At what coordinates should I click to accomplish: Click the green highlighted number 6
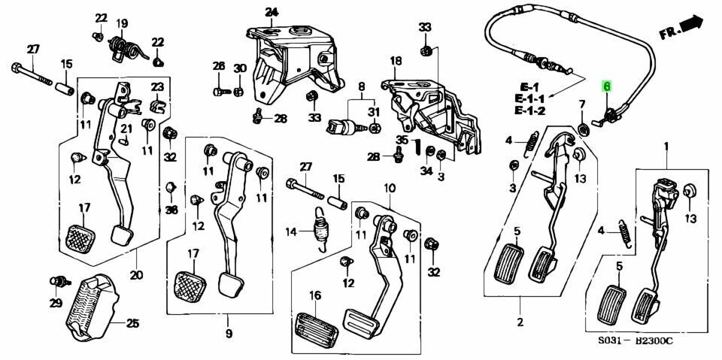click(x=606, y=87)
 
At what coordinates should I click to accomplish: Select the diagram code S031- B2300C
click(x=636, y=340)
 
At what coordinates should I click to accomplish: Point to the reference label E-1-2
click(x=530, y=111)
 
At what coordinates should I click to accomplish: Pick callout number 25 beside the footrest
click(x=132, y=324)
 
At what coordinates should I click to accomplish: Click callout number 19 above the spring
click(x=122, y=23)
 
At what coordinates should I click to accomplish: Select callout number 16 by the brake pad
click(x=315, y=295)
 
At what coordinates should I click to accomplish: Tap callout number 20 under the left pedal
click(x=135, y=274)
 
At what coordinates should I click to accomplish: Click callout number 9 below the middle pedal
click(x=229, y=333)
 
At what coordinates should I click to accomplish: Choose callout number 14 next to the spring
click(x=291, y=232)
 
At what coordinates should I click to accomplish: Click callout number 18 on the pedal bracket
click(x=396, y=61)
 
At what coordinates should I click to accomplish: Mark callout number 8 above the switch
click(x=360, y=86)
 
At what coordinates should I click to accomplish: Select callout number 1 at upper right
click(x=666, y=144)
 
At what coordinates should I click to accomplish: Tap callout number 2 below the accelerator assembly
click(x=519, y=323)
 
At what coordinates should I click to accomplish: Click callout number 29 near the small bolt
click(x=56, y=303)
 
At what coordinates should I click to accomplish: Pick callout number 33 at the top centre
click(x=425, y=28)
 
